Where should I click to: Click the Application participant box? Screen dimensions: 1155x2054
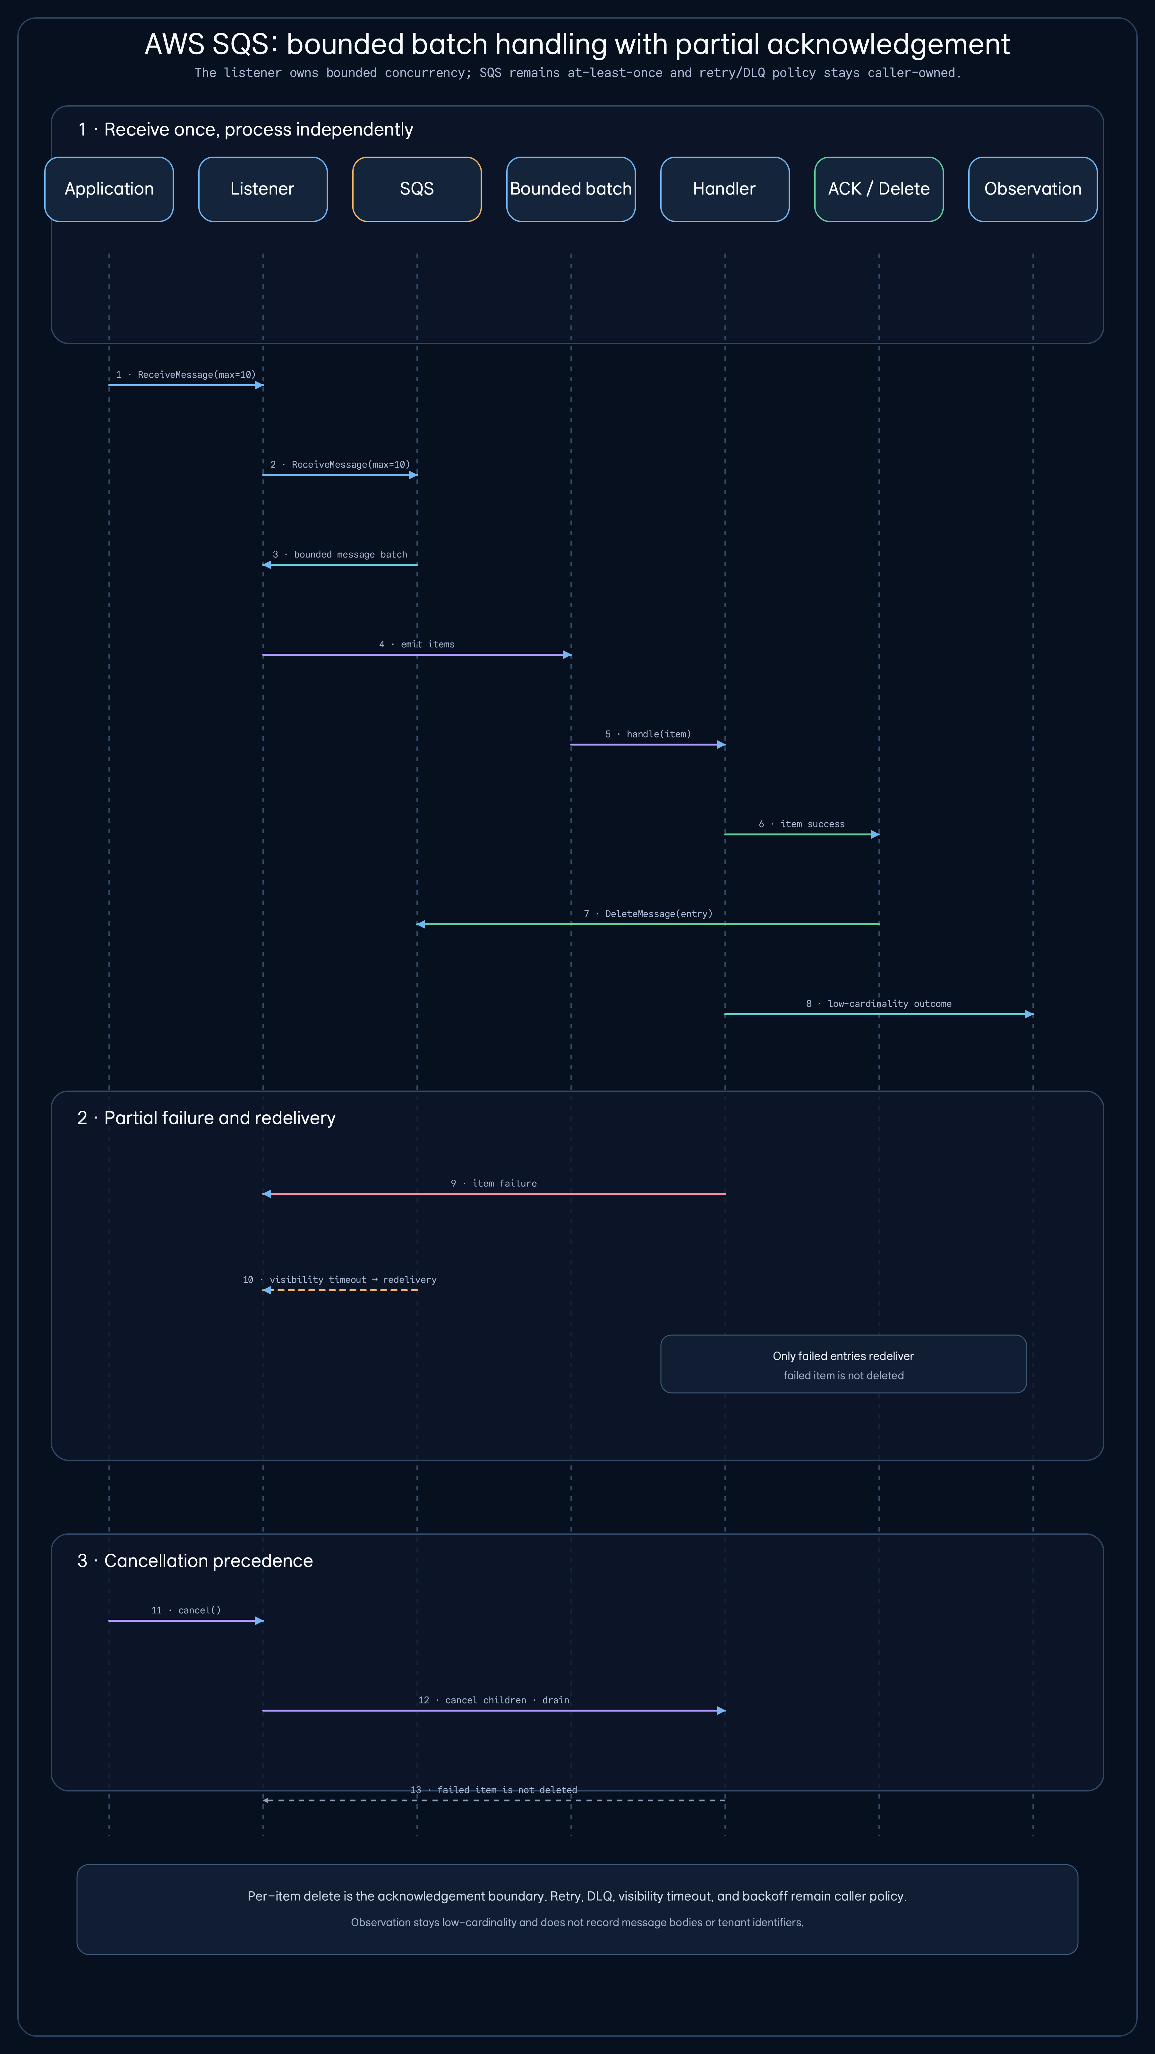pyautogui.click(x=109, y=189)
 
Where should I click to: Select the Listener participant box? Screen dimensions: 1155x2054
pyautogui.click(x=263, y=189)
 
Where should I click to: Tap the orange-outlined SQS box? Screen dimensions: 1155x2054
pyautogui.click(x=417, y=189)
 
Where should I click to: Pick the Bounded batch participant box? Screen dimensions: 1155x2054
pyautogui.click(x=571, y=189)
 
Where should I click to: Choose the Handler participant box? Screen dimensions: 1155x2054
pyautogui.click(x=724, y=189)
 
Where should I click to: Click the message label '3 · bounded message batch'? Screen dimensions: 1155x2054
pyautogui.click(x=339, y=554)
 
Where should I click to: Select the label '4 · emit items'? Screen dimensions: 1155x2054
pyautogui.click(x=417, y=644)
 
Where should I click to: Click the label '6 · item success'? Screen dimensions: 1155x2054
pyautogui.click(x=802, y=824)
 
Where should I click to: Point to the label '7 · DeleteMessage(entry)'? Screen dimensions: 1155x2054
pyautogui.click(x=648, y=914)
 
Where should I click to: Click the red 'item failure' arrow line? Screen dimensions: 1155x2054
pyautogui.click(x=494, y=1194)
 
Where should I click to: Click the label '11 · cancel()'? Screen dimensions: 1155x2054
pyautogui.click(x=186, y=1610)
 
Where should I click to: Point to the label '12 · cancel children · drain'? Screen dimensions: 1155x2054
pyautogui.click(x=494, y=1700)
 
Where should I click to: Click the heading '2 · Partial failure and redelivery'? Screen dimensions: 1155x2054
pyautogui.click(x=206, y=1118)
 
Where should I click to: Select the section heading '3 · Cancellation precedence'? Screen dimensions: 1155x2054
pyautogui.click(x=195, y=1560)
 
